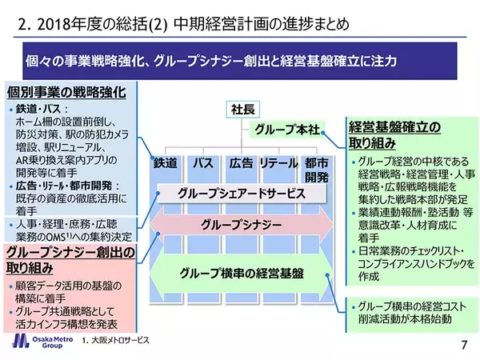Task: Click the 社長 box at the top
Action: click(x=242, y=108)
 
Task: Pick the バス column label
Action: click(x=204, y=163)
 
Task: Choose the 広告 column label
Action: click(x=241, y=163)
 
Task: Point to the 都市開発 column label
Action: click(x=315, y=169)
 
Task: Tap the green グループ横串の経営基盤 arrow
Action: click(x=241, y=272)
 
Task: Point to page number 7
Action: click(x=464, y=345)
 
